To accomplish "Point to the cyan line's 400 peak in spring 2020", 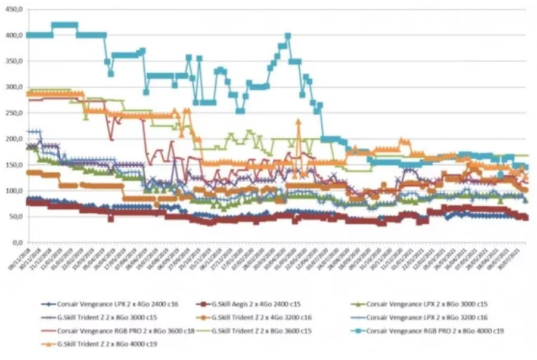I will coord(288,36).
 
